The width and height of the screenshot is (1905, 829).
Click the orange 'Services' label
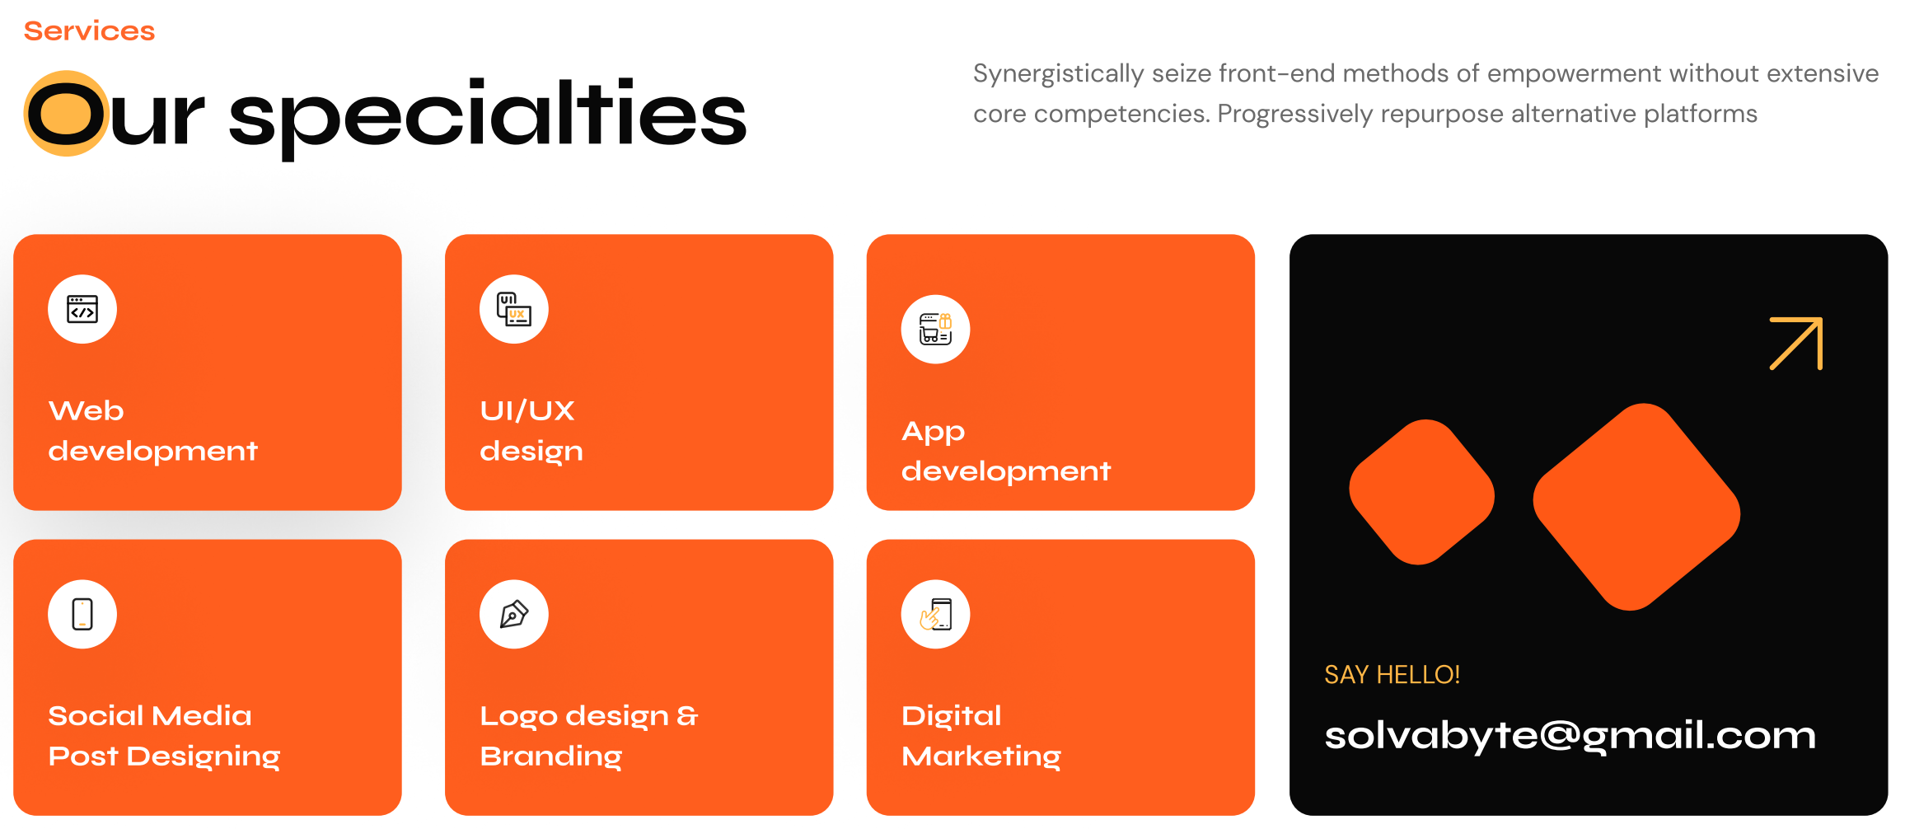[89, 31]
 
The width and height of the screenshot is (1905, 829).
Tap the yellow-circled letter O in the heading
[67, 114]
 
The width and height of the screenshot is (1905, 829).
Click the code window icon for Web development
[82, 310]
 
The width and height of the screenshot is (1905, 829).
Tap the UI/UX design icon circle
[514, 309]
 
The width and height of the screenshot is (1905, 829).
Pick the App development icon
[936, 330]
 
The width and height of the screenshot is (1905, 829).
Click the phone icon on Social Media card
[82, 614]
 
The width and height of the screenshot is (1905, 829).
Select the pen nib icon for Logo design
[514, 614]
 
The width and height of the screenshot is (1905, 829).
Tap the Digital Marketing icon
[936, 614]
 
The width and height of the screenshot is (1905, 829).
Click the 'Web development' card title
[153, 431]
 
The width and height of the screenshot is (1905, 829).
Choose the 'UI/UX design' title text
[531, 431]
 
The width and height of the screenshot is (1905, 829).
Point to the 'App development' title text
[1006, 452]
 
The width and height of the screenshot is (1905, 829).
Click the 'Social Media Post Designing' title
[164, 736]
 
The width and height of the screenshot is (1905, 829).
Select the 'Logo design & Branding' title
[589, 736]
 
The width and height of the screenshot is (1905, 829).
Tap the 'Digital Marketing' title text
[981, 736]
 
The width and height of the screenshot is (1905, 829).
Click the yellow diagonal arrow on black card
[1796, 344]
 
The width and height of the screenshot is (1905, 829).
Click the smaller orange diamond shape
[1421, 492]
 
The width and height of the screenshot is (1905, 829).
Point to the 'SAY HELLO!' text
[1392, 675]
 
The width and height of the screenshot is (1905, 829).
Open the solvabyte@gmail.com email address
[1570, 736]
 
